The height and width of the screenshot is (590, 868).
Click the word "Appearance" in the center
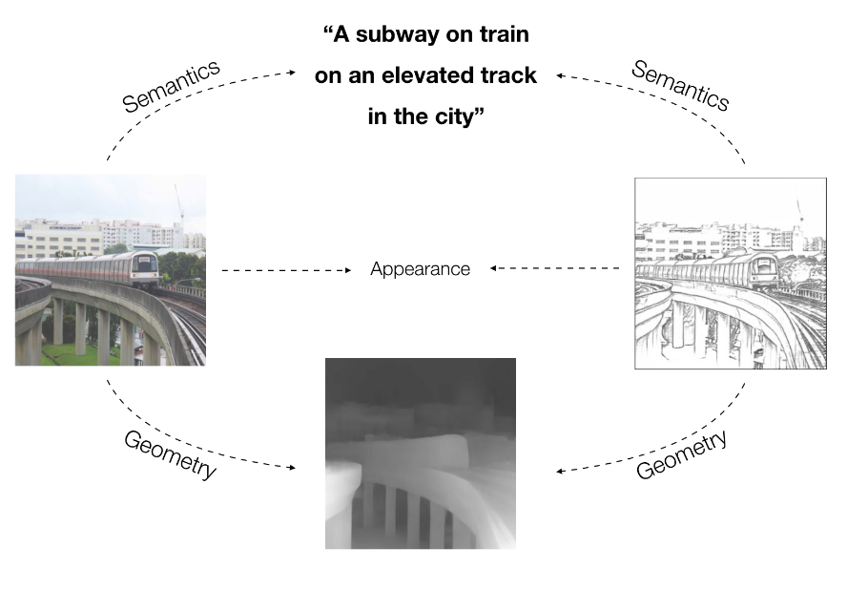coord(420,269)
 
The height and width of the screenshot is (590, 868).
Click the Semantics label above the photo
coord(172,86)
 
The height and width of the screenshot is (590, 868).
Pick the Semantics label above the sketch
coord(680,85)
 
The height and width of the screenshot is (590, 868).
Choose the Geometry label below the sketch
coord(681,454)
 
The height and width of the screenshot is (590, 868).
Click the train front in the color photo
coord(143,268)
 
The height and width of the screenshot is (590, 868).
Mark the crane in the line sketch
coord(799,215)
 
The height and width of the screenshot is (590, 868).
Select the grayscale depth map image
coord(420,453)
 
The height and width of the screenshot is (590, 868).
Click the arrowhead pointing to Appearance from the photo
coord(348,271)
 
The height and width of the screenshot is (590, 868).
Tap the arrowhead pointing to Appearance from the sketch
coord(494,269)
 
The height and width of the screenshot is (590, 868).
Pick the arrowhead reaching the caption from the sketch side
coord(561,74)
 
